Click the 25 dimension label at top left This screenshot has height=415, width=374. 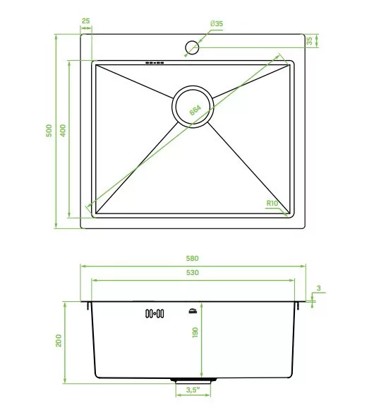click(85, 21)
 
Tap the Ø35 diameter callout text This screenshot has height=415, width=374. click(217, 23)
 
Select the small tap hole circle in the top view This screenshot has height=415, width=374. click(192, 47)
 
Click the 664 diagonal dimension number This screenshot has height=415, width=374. click(195, 110)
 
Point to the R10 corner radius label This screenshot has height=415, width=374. click(272, 204)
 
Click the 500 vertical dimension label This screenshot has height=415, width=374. click(49, 131)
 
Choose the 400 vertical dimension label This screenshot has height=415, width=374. click(63, 131)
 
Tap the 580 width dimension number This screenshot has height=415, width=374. click(192, 258)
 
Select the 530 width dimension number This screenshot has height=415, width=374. click(192, 273)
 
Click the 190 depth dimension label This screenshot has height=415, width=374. click(195, 332)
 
